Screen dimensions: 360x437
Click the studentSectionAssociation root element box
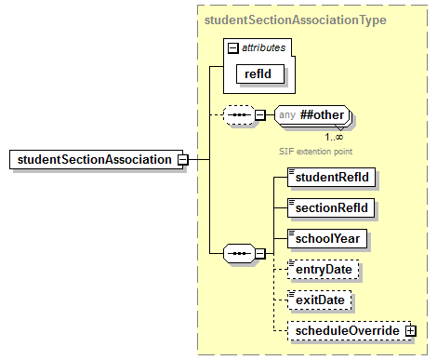[93, 159]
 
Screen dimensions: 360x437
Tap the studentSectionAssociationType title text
[295, 19]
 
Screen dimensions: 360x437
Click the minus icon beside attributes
[233, 47]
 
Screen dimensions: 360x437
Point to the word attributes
[263, 47]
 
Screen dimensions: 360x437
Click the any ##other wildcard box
[310, 115]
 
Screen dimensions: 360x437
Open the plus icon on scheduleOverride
[410, 331]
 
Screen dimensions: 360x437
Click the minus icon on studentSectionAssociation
[182, 159]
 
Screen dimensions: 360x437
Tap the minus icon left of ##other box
[261, 115]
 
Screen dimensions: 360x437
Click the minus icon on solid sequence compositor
[259, 252]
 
